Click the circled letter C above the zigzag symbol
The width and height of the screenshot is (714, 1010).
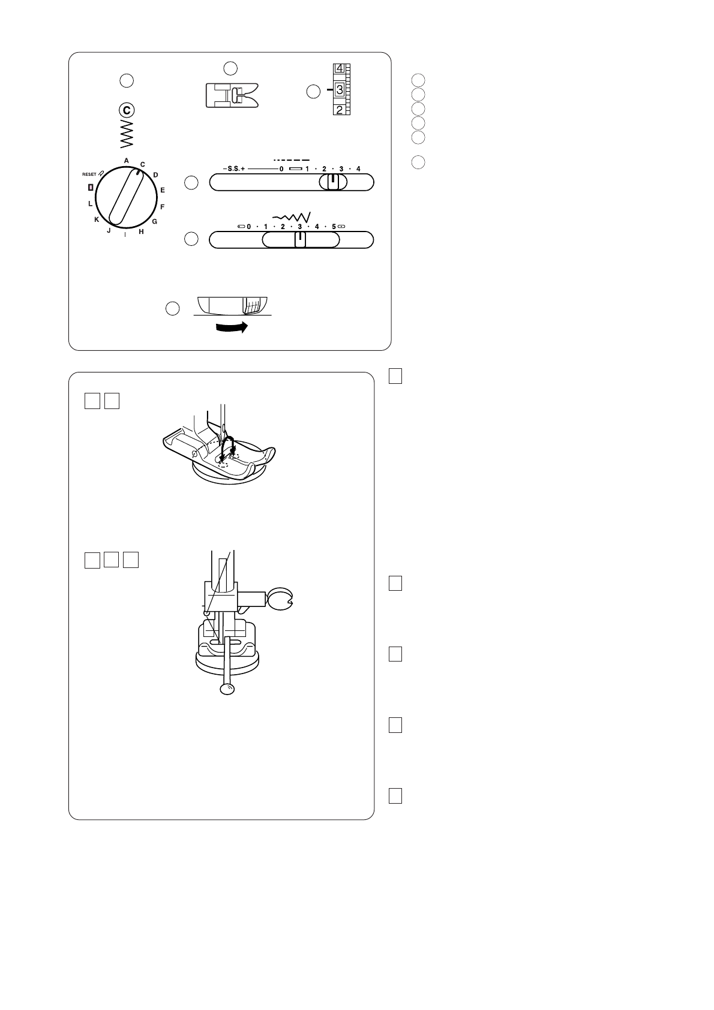tap(127, 110)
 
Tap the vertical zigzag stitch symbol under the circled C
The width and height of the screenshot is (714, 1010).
tap(127, 134)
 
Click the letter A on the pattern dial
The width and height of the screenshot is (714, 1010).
tap(126, 161)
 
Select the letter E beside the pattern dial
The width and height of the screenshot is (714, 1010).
tap(163, 190)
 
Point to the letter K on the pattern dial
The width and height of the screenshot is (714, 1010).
tap(97, 220)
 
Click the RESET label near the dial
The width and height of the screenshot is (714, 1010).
tap(89, 174)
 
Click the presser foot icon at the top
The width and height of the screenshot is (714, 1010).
tap(232, 95)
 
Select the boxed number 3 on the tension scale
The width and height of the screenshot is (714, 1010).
tap(339, 90)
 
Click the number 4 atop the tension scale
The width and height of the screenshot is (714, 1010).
tap(339, 68)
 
